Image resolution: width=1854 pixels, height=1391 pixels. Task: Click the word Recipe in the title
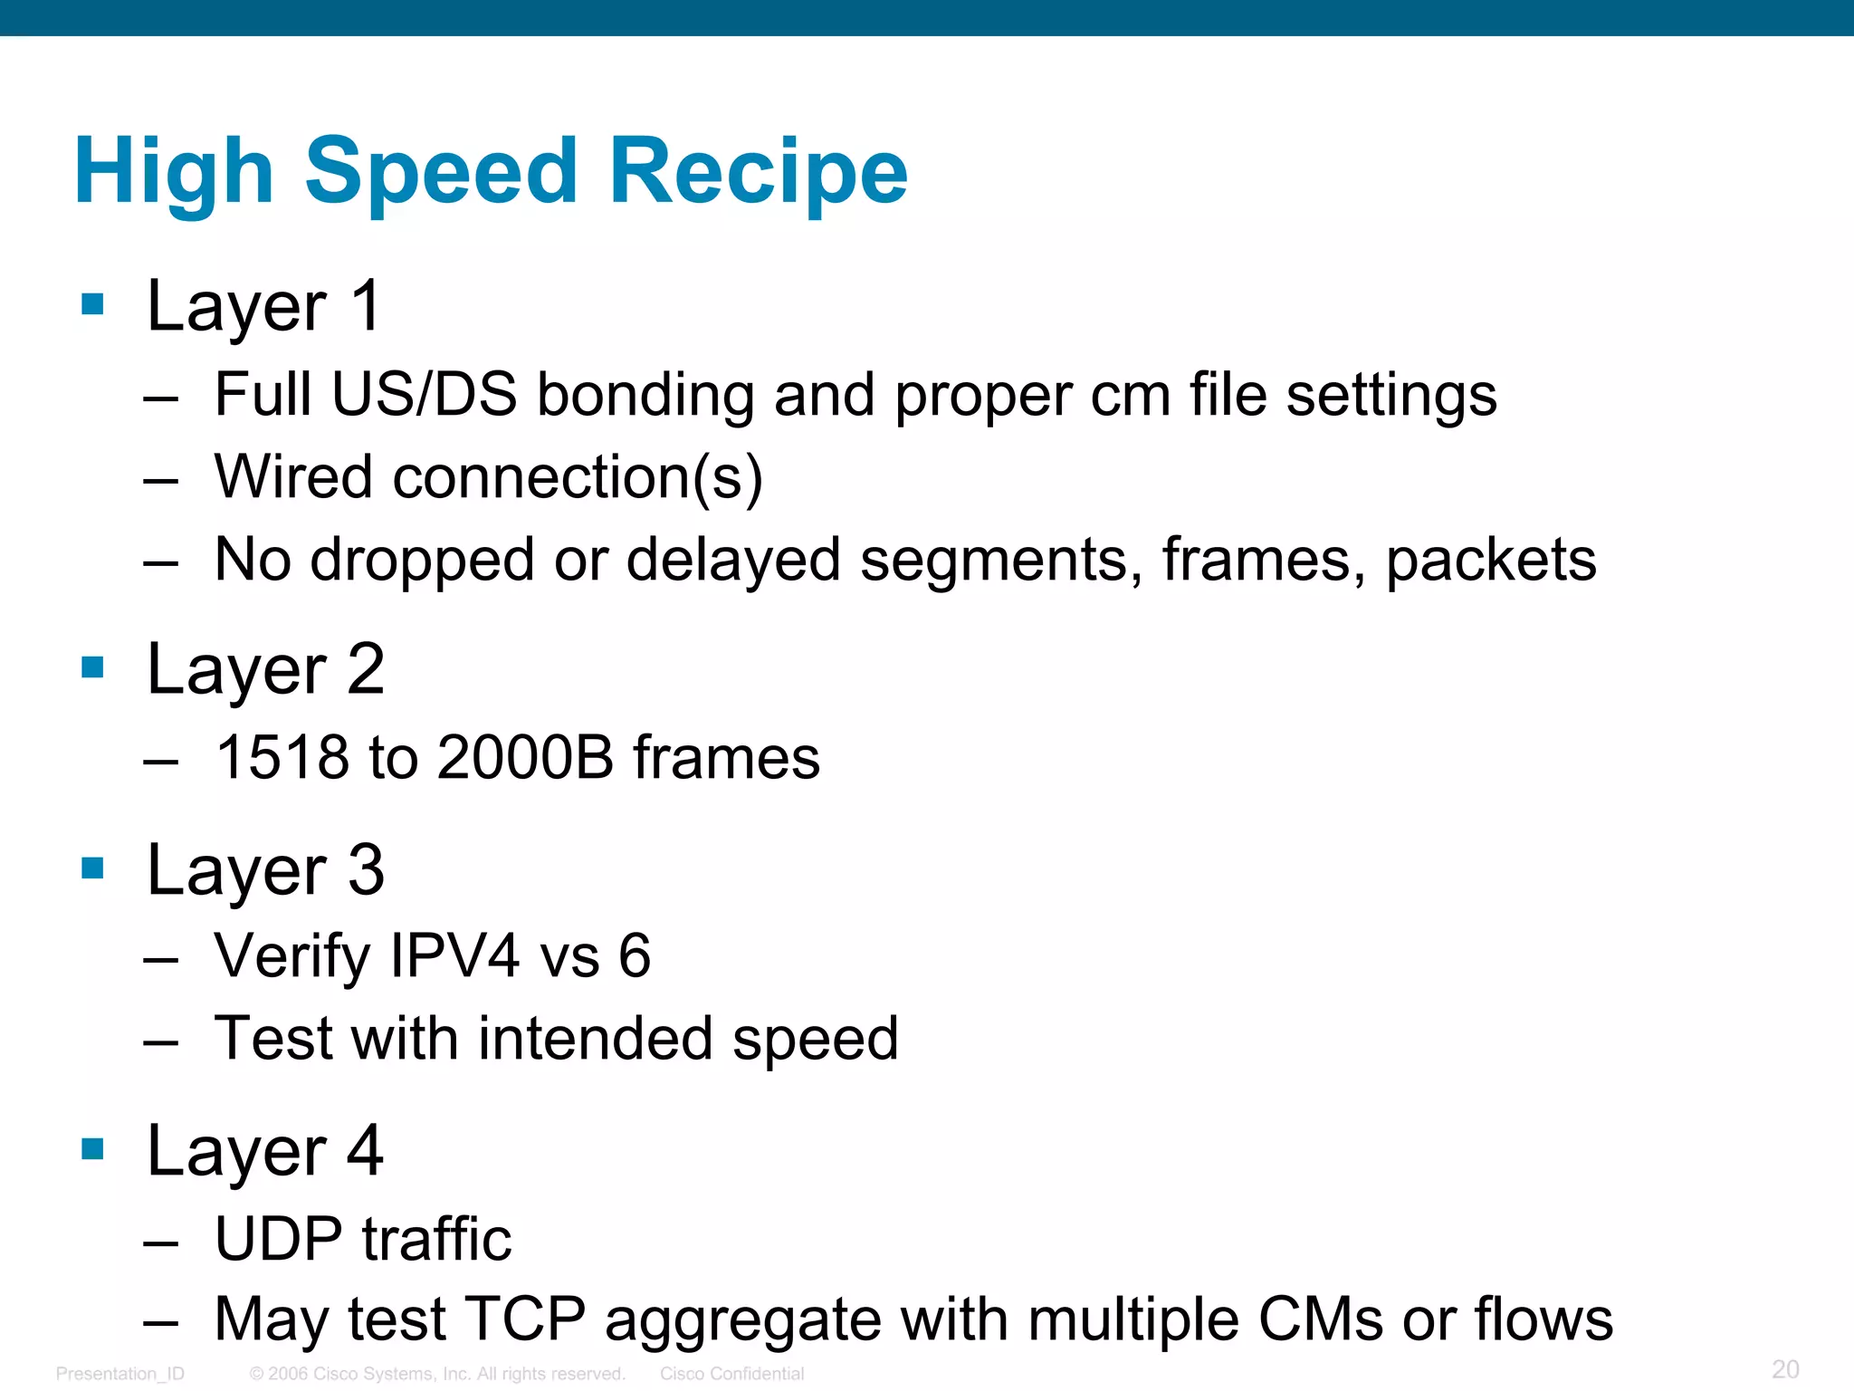pos(759,171)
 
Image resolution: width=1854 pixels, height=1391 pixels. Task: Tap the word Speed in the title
pos(441,171)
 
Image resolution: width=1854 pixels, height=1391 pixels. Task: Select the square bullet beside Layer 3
pos(92,868)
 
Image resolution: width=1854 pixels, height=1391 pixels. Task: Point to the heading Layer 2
pos(266,670)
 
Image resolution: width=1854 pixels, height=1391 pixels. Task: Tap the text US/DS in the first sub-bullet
pos(425,395)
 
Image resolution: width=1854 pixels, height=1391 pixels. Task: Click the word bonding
pos(645,395)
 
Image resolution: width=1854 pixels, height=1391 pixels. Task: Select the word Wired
pos(293,477)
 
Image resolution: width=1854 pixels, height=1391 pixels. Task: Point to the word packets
pos(1491,561)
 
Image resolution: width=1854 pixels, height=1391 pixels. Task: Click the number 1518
pos(281,757)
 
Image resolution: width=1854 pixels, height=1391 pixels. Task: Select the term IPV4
pos(454,955)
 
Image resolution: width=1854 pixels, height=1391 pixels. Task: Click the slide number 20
pos(1785,1368)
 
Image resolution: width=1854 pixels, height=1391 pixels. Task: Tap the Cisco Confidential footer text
pos(731,1374)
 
